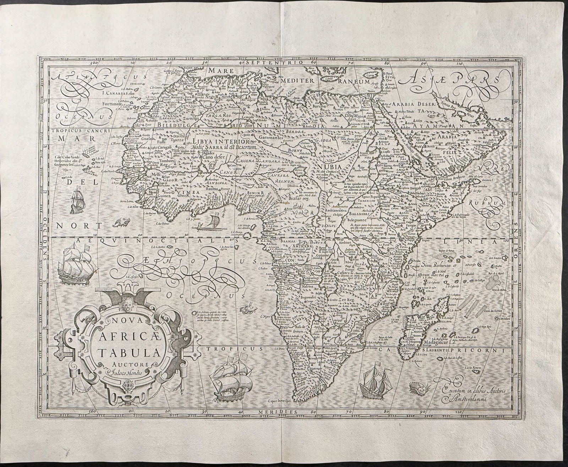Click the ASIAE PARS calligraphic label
[448, 81]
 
